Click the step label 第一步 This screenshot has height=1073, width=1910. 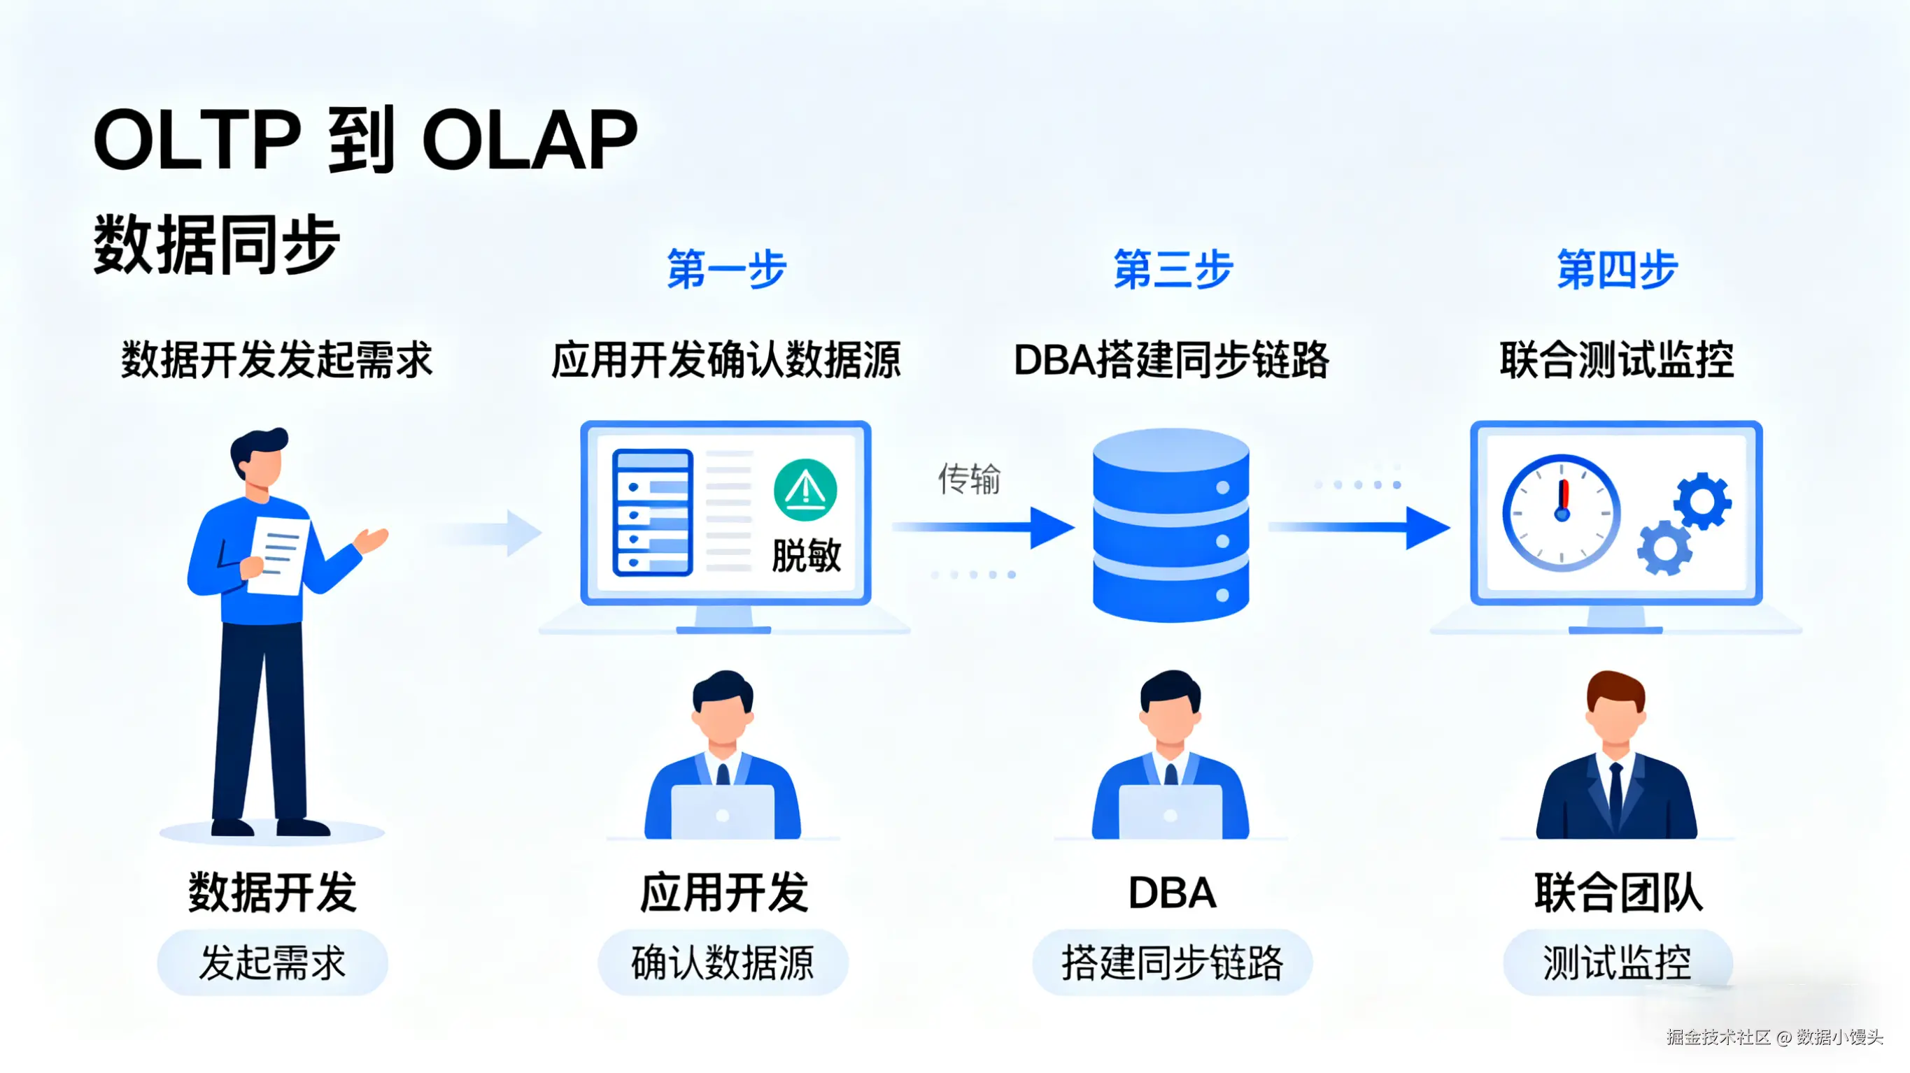726,268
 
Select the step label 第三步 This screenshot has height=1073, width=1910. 1173,268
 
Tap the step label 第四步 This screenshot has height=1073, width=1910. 1616,268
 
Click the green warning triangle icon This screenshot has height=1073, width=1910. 805,490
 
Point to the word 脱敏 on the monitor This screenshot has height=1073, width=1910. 806,555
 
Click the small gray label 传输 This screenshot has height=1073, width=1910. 969,479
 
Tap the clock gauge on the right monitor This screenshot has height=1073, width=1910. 1561,513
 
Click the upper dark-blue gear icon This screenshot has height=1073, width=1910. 1702,502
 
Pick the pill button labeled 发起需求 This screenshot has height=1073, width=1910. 272,962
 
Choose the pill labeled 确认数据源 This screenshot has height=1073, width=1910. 723,962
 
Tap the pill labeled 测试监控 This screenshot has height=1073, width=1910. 1617,962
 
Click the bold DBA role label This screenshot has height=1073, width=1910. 1171,892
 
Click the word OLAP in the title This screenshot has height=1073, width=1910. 530,138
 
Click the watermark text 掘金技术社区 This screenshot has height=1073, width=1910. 1717,1037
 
